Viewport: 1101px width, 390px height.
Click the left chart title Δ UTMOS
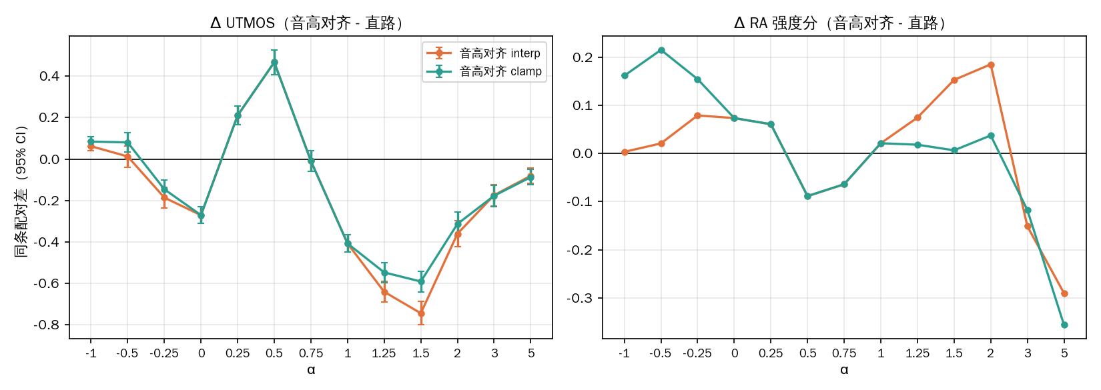pos(242,23)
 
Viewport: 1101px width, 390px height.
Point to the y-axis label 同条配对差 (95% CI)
pos(21,191)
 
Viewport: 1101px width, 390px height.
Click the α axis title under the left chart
pos(311,369)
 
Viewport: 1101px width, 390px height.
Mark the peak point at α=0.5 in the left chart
pos(274,63)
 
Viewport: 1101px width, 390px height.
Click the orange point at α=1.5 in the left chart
pos(421,313)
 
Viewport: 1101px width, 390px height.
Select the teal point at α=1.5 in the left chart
pos(421,282)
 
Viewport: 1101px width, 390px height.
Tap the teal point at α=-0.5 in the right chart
pos(661,50)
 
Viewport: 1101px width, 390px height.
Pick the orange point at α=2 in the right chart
pos(991,65)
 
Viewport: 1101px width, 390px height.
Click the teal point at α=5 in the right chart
pos(1064,325)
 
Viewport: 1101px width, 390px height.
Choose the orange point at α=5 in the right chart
pos(1064,294)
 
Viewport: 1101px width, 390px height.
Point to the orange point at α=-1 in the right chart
pos(625,152)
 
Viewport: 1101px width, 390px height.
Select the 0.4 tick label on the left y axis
pos(49,76)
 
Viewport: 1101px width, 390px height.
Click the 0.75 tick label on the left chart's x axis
pos(311,353)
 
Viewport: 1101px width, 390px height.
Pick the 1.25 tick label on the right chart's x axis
pos(917,353)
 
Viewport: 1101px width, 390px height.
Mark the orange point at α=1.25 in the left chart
pos(384,292)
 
